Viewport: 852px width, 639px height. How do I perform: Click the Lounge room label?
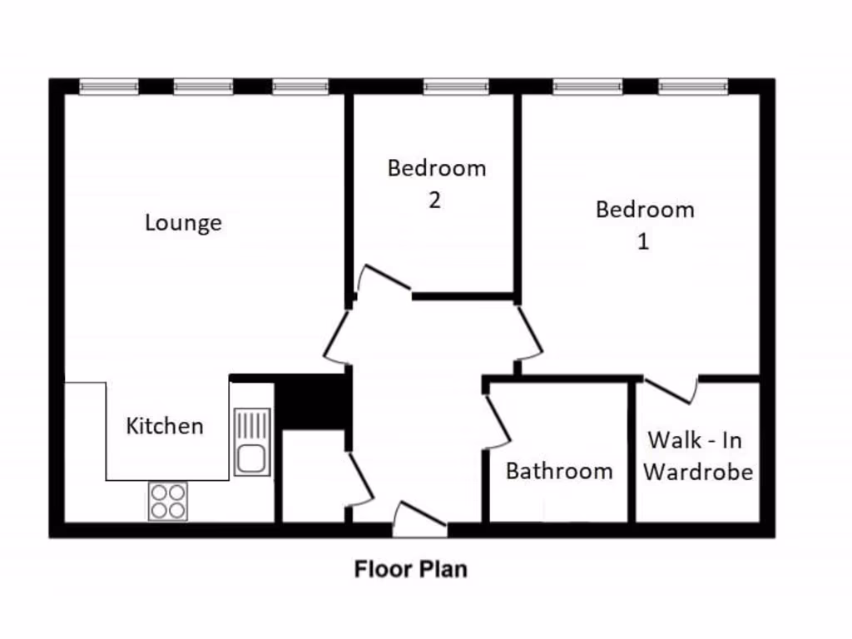coord(183,223)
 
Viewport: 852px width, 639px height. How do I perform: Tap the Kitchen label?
coord(165,426)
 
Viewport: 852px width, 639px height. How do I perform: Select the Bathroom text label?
coord(559,471)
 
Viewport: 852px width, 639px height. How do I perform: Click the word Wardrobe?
coord(698,473)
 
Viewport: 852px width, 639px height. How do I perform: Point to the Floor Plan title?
coord(411,570)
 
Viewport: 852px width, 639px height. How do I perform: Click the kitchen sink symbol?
coord(251,442)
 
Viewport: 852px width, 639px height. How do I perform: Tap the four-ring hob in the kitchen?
coord(168,501)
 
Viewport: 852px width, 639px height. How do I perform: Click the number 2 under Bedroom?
coord(435,201)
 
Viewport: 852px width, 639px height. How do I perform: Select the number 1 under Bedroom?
coord(642,241)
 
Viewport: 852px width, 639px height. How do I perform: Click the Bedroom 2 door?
coord(384,279)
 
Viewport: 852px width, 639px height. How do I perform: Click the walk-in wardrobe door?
coord(671,390)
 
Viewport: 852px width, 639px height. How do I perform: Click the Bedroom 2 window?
coord(455,86)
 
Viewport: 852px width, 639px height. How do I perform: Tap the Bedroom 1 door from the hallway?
coord(529,330)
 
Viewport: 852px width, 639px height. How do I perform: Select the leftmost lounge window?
coord(109,86)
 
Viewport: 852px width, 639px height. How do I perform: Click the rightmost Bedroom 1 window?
coord(693,86)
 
